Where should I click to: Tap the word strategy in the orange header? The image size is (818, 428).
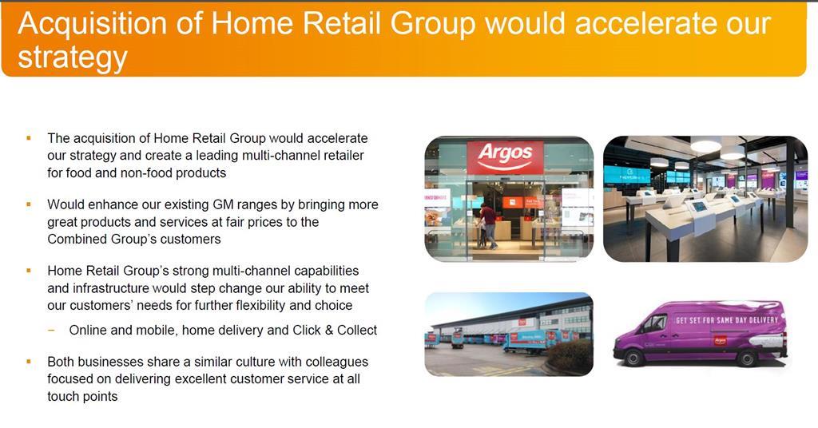pos(73,57)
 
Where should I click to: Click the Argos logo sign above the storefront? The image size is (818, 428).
pos(505,157)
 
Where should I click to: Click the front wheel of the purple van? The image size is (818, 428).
pos(633,359)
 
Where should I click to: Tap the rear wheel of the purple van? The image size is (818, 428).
pos(746,359)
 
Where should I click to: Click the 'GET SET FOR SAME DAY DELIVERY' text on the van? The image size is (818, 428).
pos(727,319)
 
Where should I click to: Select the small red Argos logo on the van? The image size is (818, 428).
pos(720,341)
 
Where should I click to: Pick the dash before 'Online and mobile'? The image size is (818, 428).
pos(50,331)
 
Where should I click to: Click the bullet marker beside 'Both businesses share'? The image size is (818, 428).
pos(28,361)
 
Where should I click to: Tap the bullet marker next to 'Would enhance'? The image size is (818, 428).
pos(28,204)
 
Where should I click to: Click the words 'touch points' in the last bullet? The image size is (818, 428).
pos(82,396)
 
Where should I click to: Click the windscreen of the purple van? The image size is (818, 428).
pos(650,323)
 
